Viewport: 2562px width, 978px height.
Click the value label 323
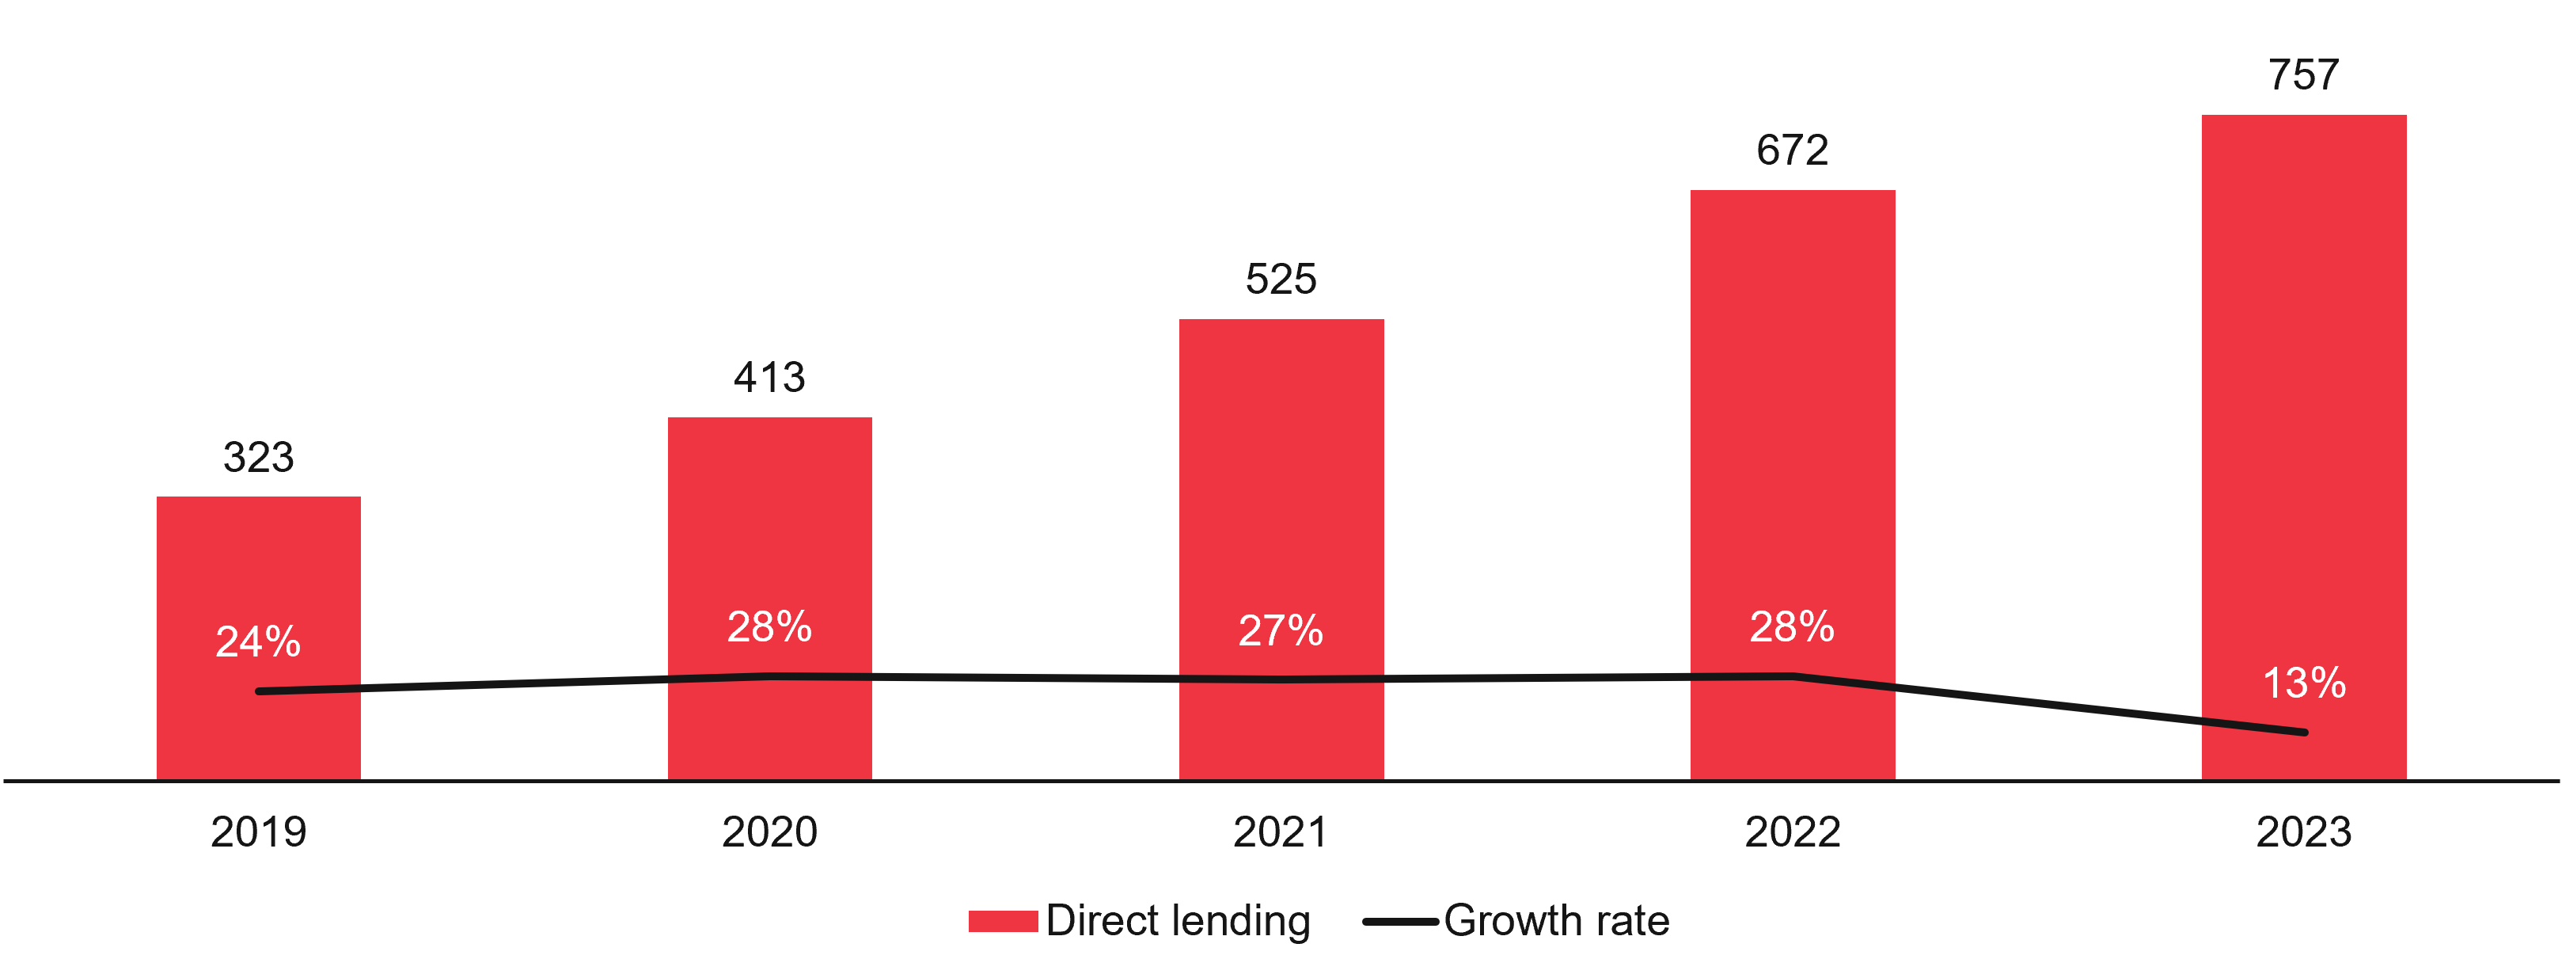point(259,458)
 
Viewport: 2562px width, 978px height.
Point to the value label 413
point(770,377)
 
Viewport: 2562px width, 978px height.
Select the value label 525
point(1281,279)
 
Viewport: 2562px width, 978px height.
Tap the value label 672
point(1792,150)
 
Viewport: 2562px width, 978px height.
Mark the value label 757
point(2303,74)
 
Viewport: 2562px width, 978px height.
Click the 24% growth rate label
point(259,641)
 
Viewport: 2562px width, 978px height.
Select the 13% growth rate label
point(2303,683)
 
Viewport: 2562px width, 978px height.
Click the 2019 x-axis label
point(259,831)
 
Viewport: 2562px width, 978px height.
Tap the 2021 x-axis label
point(1281,831)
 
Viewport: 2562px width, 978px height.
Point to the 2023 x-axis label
point(2303,831)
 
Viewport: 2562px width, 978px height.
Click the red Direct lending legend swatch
point(1003,921)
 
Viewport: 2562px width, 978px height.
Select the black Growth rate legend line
point(1400,921)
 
